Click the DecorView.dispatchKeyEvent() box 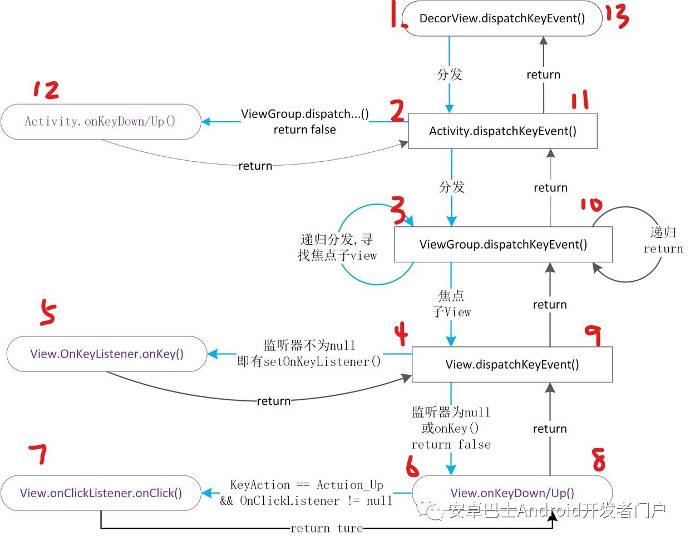501,18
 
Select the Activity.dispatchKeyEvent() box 502,131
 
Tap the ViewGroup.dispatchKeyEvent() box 503,245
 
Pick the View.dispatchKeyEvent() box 512,365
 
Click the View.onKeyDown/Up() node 512,493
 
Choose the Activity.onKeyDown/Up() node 100,121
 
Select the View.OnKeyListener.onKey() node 107,354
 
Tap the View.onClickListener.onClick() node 101,493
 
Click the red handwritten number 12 46,90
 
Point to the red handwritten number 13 617,16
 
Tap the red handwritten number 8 598,460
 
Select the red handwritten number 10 590,205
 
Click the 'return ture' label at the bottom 326,528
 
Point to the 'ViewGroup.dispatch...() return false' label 304,122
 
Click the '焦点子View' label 451,304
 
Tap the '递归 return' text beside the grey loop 663,240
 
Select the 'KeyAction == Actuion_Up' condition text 307,485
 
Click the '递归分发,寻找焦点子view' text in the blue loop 337,247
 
